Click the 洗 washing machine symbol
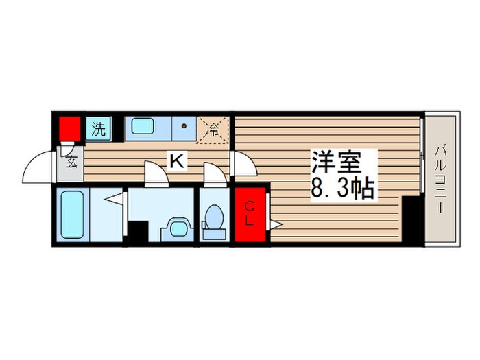click(99, 128)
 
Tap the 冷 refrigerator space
click(213, 128)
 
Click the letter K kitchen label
click(176, 161)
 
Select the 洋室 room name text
click(336, 163)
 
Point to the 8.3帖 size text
click(343, 187)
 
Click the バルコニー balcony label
click(440, 179)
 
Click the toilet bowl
click(215, 218)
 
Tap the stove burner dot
click(184, 127)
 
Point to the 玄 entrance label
click(71, 163)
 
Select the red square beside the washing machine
click(69, 128)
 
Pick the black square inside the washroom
click(138, 230)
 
